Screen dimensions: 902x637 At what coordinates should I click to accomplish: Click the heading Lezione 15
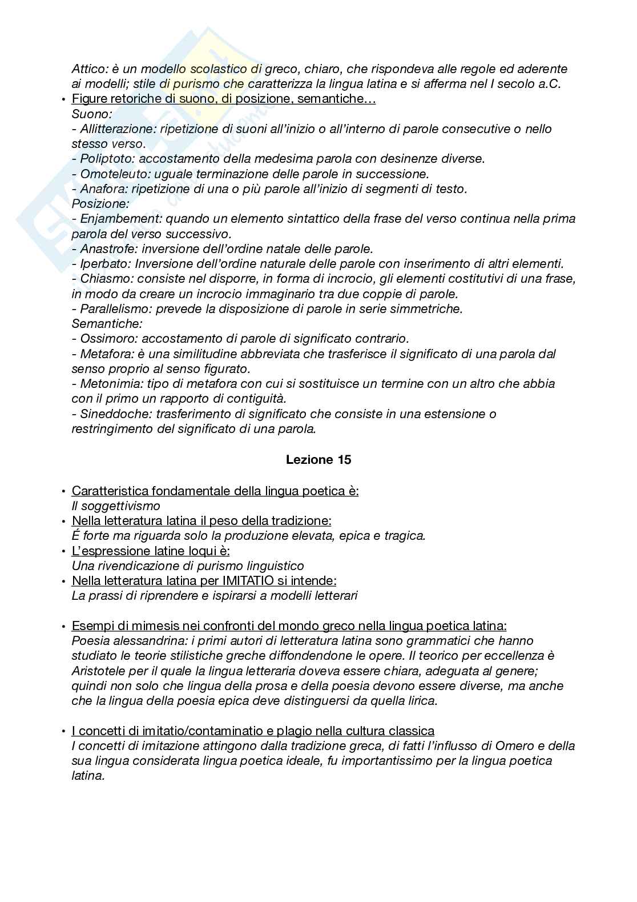318,460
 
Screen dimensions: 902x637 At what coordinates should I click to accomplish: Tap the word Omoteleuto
111,174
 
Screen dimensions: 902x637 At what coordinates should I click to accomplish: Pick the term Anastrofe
108,249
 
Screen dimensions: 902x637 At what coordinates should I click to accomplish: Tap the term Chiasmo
104,279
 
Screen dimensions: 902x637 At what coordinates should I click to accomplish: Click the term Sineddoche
111,414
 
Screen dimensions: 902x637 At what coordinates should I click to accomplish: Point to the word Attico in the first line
88,69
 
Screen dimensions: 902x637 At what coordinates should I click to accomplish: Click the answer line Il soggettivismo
116,506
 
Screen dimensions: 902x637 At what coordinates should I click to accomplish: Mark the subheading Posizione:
100,204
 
